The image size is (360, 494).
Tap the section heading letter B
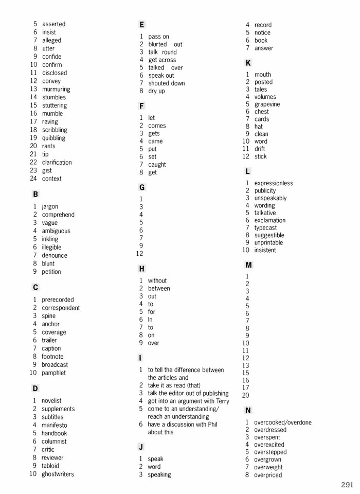35,195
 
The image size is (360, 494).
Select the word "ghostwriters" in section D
58,474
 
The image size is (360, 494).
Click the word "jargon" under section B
50,206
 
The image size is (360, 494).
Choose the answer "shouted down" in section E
167,83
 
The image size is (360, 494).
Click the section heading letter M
248,265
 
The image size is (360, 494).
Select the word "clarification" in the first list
57,163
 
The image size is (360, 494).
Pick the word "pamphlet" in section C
54,373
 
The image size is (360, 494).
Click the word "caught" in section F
157,165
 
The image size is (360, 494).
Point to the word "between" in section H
159,289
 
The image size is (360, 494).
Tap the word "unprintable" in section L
268,243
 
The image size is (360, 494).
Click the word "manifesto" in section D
55,425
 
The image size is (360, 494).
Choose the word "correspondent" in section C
61,308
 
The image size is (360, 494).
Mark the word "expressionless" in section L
274,183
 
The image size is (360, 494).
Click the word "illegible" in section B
51,248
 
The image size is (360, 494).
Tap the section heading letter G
142,188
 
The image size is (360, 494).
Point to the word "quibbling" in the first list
53,138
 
